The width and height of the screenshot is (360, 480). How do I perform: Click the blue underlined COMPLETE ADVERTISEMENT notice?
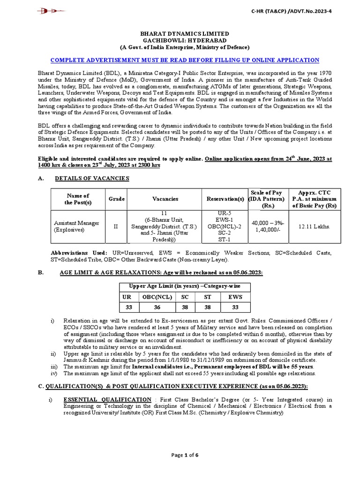click(184, 60)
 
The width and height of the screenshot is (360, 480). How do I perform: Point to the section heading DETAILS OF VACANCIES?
click(92, 178)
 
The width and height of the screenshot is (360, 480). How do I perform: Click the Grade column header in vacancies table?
click(117, 199)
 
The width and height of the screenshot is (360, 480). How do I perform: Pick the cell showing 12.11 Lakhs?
click(314, 226)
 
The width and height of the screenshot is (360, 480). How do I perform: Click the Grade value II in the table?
click(117, 227)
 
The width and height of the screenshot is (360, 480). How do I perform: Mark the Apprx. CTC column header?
click(314, 199)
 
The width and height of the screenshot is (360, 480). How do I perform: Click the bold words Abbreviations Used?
click(79, 253)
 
